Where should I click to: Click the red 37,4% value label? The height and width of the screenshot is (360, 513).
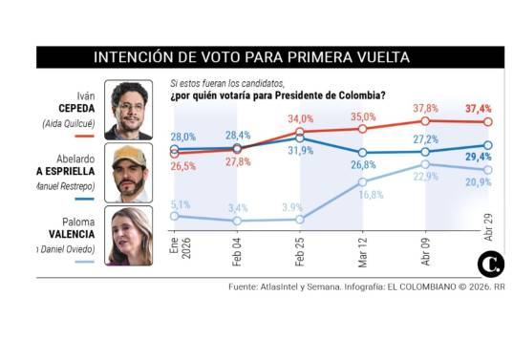[x=478, y=110]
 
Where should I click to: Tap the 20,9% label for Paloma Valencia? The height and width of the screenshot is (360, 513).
[x=478, y=182]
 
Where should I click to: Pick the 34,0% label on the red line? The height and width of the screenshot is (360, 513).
[x=301, y=118]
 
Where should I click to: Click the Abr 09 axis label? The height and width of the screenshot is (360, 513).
[x=425, y=250]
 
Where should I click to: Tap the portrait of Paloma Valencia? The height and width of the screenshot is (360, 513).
[x=128, y=235]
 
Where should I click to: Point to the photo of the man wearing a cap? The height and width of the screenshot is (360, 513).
[x=128, y=173]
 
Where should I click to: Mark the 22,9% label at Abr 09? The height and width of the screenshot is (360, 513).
[x=425, y=177]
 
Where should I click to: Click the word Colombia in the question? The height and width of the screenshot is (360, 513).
[x=360, y=95]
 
